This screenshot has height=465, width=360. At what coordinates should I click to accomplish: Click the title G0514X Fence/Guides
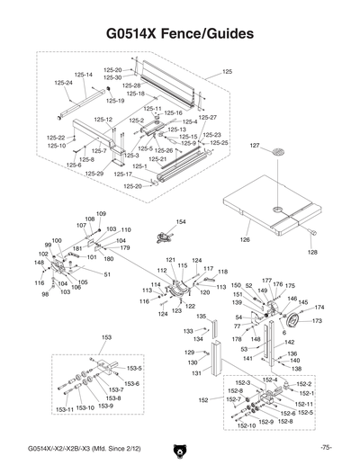click(x=180, y=33)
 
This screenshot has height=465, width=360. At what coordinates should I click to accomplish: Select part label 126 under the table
click(x=244, y=240)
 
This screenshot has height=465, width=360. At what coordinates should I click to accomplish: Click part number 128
click(x=313, y=253)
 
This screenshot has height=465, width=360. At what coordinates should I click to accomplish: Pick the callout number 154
click(x=181, y=222)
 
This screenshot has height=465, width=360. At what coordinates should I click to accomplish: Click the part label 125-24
click(x=63, y=83)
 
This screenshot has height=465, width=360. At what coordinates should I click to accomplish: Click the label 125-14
click(x=83, y=75)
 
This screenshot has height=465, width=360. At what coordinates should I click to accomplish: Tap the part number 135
click(x=202, y=316)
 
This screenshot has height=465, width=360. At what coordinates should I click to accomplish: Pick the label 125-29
click(x=94, y=173)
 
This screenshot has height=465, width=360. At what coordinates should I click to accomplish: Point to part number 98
click(x=45, y=294)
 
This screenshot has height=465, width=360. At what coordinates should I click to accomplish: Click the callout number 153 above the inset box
click(x=106, y=336)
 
